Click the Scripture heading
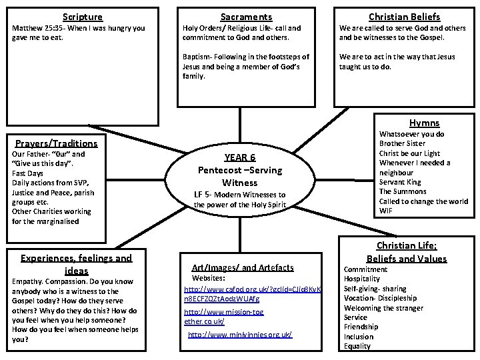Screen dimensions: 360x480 click(83, 17)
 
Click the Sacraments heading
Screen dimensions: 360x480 click(246, 17)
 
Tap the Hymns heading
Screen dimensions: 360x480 click(425, 123)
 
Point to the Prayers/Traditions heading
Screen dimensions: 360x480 click(56, 143)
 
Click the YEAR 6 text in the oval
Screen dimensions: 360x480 click(239, 158)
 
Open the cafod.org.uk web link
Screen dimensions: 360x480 click(253, 294)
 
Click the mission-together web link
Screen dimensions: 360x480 click(223, 317)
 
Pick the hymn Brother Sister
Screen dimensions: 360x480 click(402, 143)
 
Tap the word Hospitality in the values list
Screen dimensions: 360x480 click(362, 279)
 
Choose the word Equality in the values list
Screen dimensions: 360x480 click(357, 346)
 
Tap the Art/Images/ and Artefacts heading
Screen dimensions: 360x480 click(242, 267)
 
